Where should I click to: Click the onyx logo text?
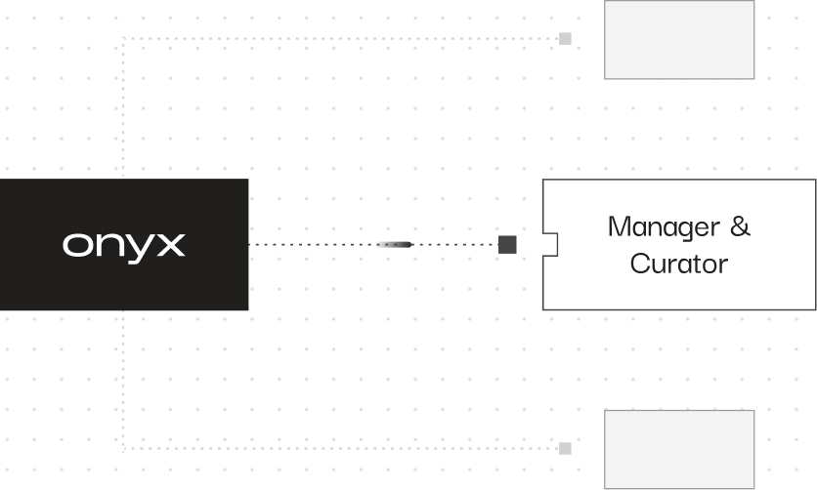click(x=123, y=244)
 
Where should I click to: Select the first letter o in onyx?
click(x=75, y=245)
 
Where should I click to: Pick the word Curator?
click(x=679, y=264)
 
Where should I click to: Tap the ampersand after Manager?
click(x=740, y=227)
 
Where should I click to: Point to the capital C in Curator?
click(x=640, y=264)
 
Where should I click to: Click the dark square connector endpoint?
click(x=507, y=244)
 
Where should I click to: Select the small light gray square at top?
click(x=565, y=39)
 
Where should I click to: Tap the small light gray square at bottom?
click(x=565, y=448)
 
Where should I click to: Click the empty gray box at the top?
click(x=679, y=39)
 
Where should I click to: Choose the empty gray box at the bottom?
click(x=679, y=449)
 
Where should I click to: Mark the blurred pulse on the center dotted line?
click(x=395, y=244)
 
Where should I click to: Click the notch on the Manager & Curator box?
click(x=550, y=244)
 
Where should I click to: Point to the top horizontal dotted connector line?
click(x=342, y=39)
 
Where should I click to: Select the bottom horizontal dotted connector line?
click(x=342, y=449)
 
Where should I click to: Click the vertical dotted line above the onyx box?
click(x=124, y=107)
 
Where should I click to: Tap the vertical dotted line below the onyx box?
click(x=124, y=381)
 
